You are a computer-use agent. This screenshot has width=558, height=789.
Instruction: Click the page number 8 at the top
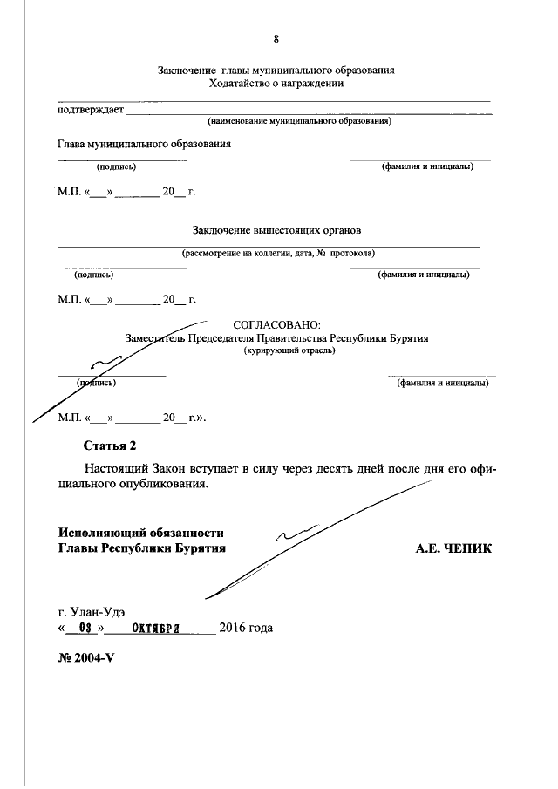tap(276, 38)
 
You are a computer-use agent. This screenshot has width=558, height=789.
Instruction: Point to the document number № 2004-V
tap(86, 657)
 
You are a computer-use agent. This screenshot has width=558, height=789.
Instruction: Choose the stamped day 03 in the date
tap(85, 628)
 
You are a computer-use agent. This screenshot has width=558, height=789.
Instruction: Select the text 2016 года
tap(246, 628)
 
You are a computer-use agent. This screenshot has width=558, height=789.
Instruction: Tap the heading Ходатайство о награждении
tap(276, 84)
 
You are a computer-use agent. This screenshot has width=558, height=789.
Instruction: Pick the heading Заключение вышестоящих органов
tap(276, 231)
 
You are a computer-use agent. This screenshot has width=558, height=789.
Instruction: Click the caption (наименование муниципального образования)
tap(299, 121)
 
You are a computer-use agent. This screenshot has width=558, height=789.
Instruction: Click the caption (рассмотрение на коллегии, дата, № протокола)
tap(278, 254)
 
